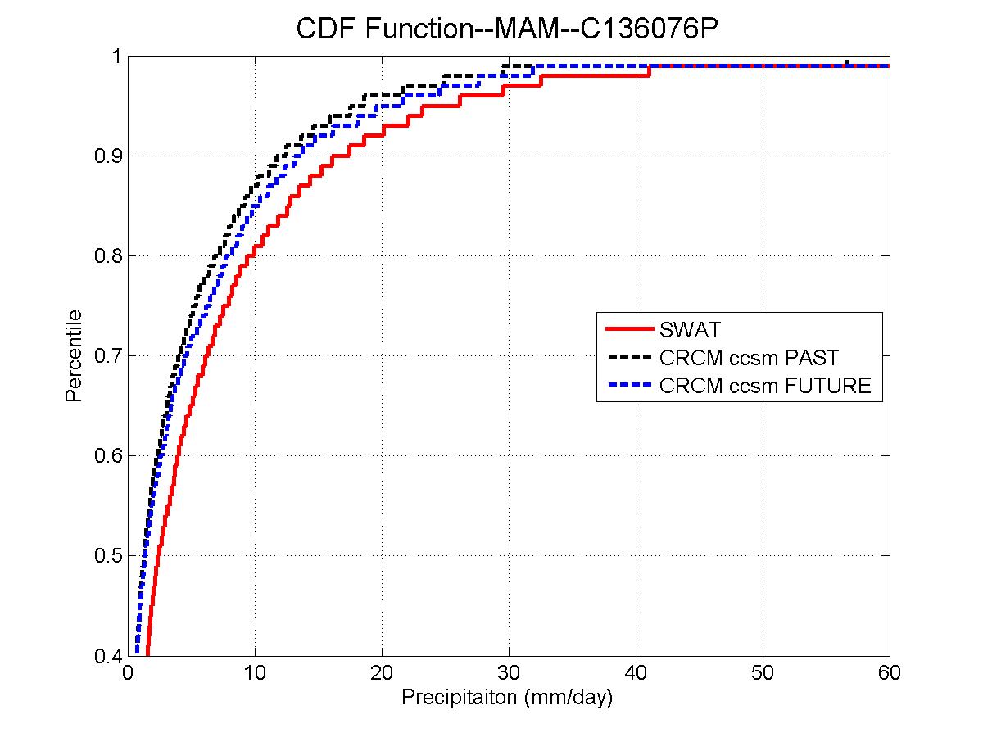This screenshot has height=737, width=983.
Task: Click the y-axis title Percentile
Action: (x=74, y=355)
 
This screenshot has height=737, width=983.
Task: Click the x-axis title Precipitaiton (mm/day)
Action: (x=507, y=699)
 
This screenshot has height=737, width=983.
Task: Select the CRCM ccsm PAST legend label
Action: (x=749, y=358)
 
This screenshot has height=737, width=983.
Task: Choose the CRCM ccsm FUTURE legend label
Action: (x=765, y=386)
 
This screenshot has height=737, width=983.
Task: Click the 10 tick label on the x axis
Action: (x=255, y=674)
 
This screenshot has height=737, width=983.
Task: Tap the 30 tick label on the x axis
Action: (x=509, y=674)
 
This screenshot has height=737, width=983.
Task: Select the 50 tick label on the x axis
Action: (x=763, y=674)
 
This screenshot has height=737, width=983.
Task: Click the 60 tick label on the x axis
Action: (x=889, y=674)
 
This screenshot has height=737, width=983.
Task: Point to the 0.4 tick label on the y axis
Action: (x=107, y=656)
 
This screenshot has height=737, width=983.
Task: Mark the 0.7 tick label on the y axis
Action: (x=107, y=356)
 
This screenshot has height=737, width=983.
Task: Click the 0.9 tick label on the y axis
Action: (x=107, y=156)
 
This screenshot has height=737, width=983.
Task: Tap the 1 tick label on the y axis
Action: (x=116, y=56)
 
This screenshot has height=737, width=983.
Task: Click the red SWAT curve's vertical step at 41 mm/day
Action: (x=649, y=70)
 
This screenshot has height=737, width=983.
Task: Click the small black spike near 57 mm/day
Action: (x=847, y=62)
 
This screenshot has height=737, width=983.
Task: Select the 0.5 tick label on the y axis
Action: (x=107, y=556)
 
